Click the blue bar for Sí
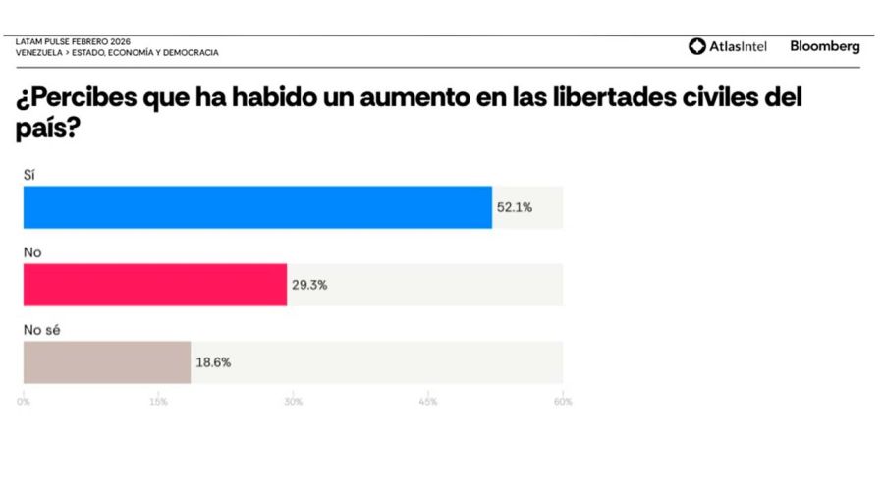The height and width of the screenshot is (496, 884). point(257,207)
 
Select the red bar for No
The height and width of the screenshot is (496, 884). point(155,285)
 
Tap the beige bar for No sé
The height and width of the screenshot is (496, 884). point(106,362)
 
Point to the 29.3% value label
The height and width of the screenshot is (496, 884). point(309,285)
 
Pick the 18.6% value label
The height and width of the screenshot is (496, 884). point(213,362)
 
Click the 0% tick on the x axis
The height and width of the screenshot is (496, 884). point(25,401)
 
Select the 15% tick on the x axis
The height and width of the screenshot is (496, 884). point(158,401)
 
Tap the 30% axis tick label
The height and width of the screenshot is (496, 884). point(293,401)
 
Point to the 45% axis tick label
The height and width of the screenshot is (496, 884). point(427,401)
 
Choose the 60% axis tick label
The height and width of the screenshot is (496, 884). point(562,401)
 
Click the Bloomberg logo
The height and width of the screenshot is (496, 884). point(824,46)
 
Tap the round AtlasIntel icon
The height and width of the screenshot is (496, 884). point(696,46)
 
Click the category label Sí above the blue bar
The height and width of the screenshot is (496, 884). point(28,174)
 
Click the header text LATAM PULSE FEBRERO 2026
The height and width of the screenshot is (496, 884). point(73,42)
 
